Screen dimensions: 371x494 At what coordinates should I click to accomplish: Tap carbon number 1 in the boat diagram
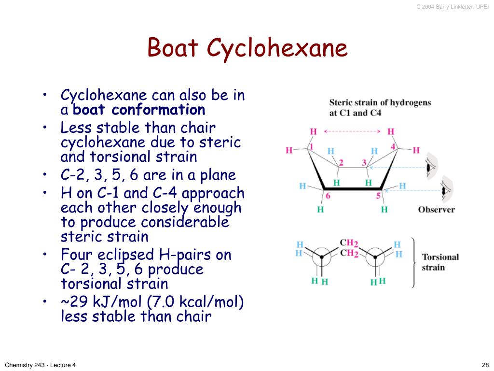(311, 146)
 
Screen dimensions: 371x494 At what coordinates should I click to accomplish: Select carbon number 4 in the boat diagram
(393, 146)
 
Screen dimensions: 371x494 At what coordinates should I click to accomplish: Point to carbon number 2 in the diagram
(341, 162)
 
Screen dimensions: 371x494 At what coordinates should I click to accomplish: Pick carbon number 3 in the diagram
(364, 162)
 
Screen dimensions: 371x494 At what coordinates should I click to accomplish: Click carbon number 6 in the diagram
(328, 196)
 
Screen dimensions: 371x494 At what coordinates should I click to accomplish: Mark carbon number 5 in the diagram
(379, 196)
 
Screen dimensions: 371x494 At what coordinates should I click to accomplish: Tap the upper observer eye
(430, 167)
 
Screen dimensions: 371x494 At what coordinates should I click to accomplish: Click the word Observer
(436, 210)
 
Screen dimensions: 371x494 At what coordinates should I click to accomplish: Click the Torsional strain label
(440, 262)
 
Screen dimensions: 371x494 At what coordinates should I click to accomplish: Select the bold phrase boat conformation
(139, 110)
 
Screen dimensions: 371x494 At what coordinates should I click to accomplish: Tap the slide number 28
(485, 365)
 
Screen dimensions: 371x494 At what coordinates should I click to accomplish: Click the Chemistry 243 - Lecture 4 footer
(41, 365)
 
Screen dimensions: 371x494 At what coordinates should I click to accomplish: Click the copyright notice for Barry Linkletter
(453, 6)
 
